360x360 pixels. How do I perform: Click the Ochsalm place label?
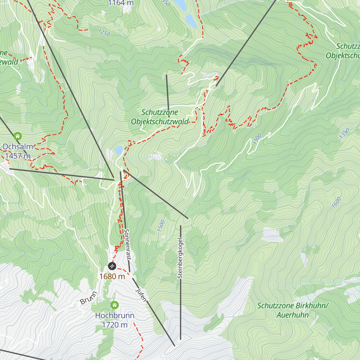[x=18, y=147]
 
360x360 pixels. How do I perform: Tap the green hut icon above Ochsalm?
[x=18, y=136]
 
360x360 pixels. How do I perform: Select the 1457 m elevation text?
[x=18, y=156]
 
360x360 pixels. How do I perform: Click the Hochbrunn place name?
[x=115, y=316]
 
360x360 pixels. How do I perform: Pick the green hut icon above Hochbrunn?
[x=115, y=305]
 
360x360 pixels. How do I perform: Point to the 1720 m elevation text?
[x=115, y=325]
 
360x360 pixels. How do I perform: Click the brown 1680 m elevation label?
[x=112, y=276]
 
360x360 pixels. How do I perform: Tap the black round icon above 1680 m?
[x=112, y=266]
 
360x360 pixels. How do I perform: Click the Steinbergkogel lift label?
[x=180, y=258]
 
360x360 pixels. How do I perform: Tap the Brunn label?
[x=88, y=298]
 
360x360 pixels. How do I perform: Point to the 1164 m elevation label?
[x=121, y=3]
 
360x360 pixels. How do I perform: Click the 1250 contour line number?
[x=104, y=32]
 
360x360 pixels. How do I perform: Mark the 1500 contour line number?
[x=161, y=226]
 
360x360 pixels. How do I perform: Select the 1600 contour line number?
[x=336, y=202]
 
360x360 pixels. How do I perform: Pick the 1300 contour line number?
[x=257, y=139]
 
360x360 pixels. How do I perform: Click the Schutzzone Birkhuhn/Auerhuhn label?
[x=293, y=310]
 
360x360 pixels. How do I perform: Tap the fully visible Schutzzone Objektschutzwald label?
[x=160, y=117]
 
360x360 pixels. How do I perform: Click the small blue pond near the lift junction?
[x=119, y=149]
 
